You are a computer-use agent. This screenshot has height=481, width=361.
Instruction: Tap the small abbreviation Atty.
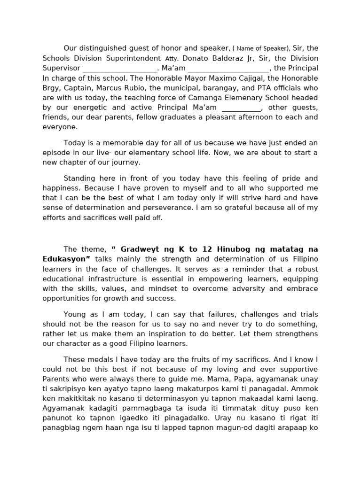(172, 59)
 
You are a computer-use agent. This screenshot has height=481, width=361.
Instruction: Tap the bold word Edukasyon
(66, 259)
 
